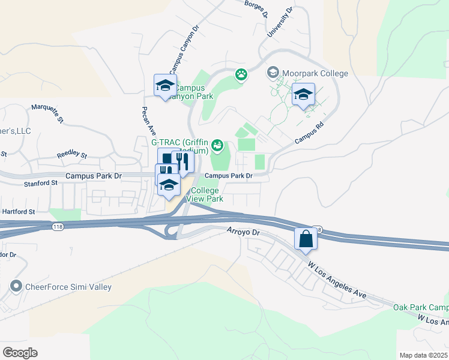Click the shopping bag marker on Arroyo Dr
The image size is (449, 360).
(306, 238)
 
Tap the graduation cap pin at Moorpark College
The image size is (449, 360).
(303, 95)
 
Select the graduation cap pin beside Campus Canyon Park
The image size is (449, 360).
(164, 85)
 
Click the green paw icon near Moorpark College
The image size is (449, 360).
(241, 75)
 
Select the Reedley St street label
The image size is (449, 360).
(71, 155)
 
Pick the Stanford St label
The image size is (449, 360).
(41, 182)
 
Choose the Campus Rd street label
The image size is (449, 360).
(310, 133)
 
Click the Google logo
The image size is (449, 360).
(20, 353)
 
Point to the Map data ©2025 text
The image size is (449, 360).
(423, 355)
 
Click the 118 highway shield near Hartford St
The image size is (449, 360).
(57, 226)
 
